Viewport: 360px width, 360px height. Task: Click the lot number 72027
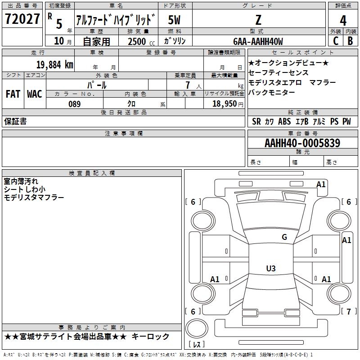click(x=22, y=19)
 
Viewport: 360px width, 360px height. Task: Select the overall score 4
click(x=343, y=20)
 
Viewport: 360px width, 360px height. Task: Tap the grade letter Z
click(x=258, y=20)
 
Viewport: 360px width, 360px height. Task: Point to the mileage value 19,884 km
click(x=54, y=65)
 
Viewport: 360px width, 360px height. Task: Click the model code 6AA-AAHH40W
click(x=258, y=41)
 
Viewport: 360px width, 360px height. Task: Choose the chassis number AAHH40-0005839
click(x=302, y=143)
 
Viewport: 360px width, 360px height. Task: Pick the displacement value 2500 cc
click(x=141, y=41)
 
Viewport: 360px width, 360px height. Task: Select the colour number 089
click(x=74, y=104)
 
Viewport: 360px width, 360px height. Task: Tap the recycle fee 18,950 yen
click(x=228, y=104)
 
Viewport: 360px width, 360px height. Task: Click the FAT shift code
click(x=13, y=94)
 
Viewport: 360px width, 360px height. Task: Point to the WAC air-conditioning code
click(x=35, y=94)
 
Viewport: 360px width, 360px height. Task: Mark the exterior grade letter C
click(x=336, y=41)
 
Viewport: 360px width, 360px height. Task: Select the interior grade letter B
click(x=350, y=41)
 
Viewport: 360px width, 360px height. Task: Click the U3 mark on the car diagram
click(x=271, y=268)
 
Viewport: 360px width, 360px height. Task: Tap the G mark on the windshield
click(x=284, y=237)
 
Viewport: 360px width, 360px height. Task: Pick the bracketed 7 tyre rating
click(x=349, y=311)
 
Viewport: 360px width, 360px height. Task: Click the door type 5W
click(x=174, y=20)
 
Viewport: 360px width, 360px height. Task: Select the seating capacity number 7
click(x=188, y=85)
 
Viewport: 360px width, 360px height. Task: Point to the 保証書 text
click(x=15, y=121)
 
